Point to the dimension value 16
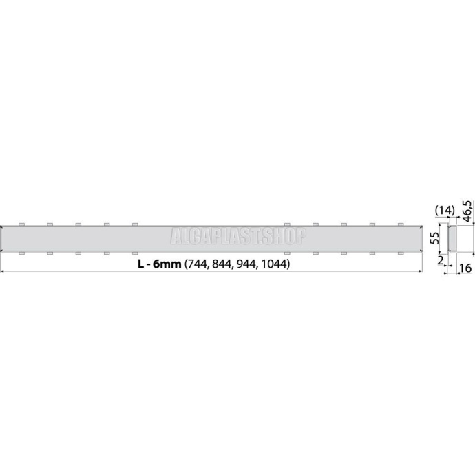(465, 268)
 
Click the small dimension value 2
(438, 261)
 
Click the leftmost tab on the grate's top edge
(22, 224)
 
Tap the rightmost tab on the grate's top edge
(399, 224)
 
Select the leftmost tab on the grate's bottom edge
(22, 253)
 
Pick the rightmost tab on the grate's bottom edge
(399, 253)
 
